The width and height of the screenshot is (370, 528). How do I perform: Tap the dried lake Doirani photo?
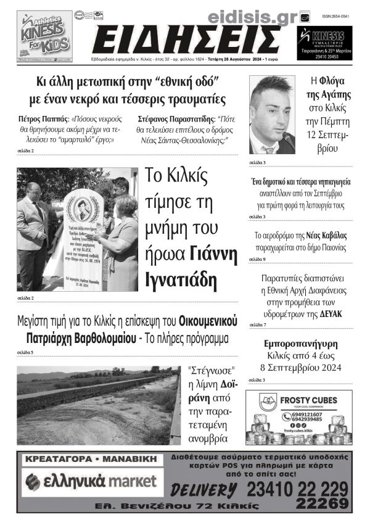click(x=99, y=405)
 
